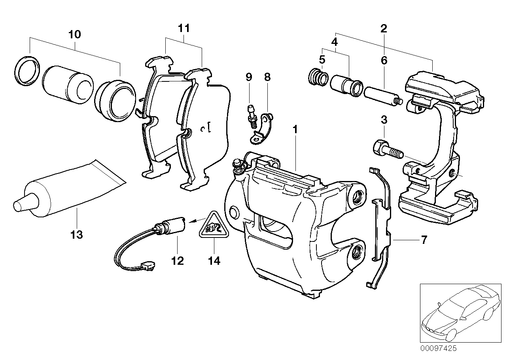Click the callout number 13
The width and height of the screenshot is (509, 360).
(x=77, y=235)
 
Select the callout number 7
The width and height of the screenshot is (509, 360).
(x=424, y=240)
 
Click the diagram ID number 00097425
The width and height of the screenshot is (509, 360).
(x=438, y=349)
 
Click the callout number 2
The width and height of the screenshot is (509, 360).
(x=383, y=28)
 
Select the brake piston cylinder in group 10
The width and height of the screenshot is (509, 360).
(x=68, y=84)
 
